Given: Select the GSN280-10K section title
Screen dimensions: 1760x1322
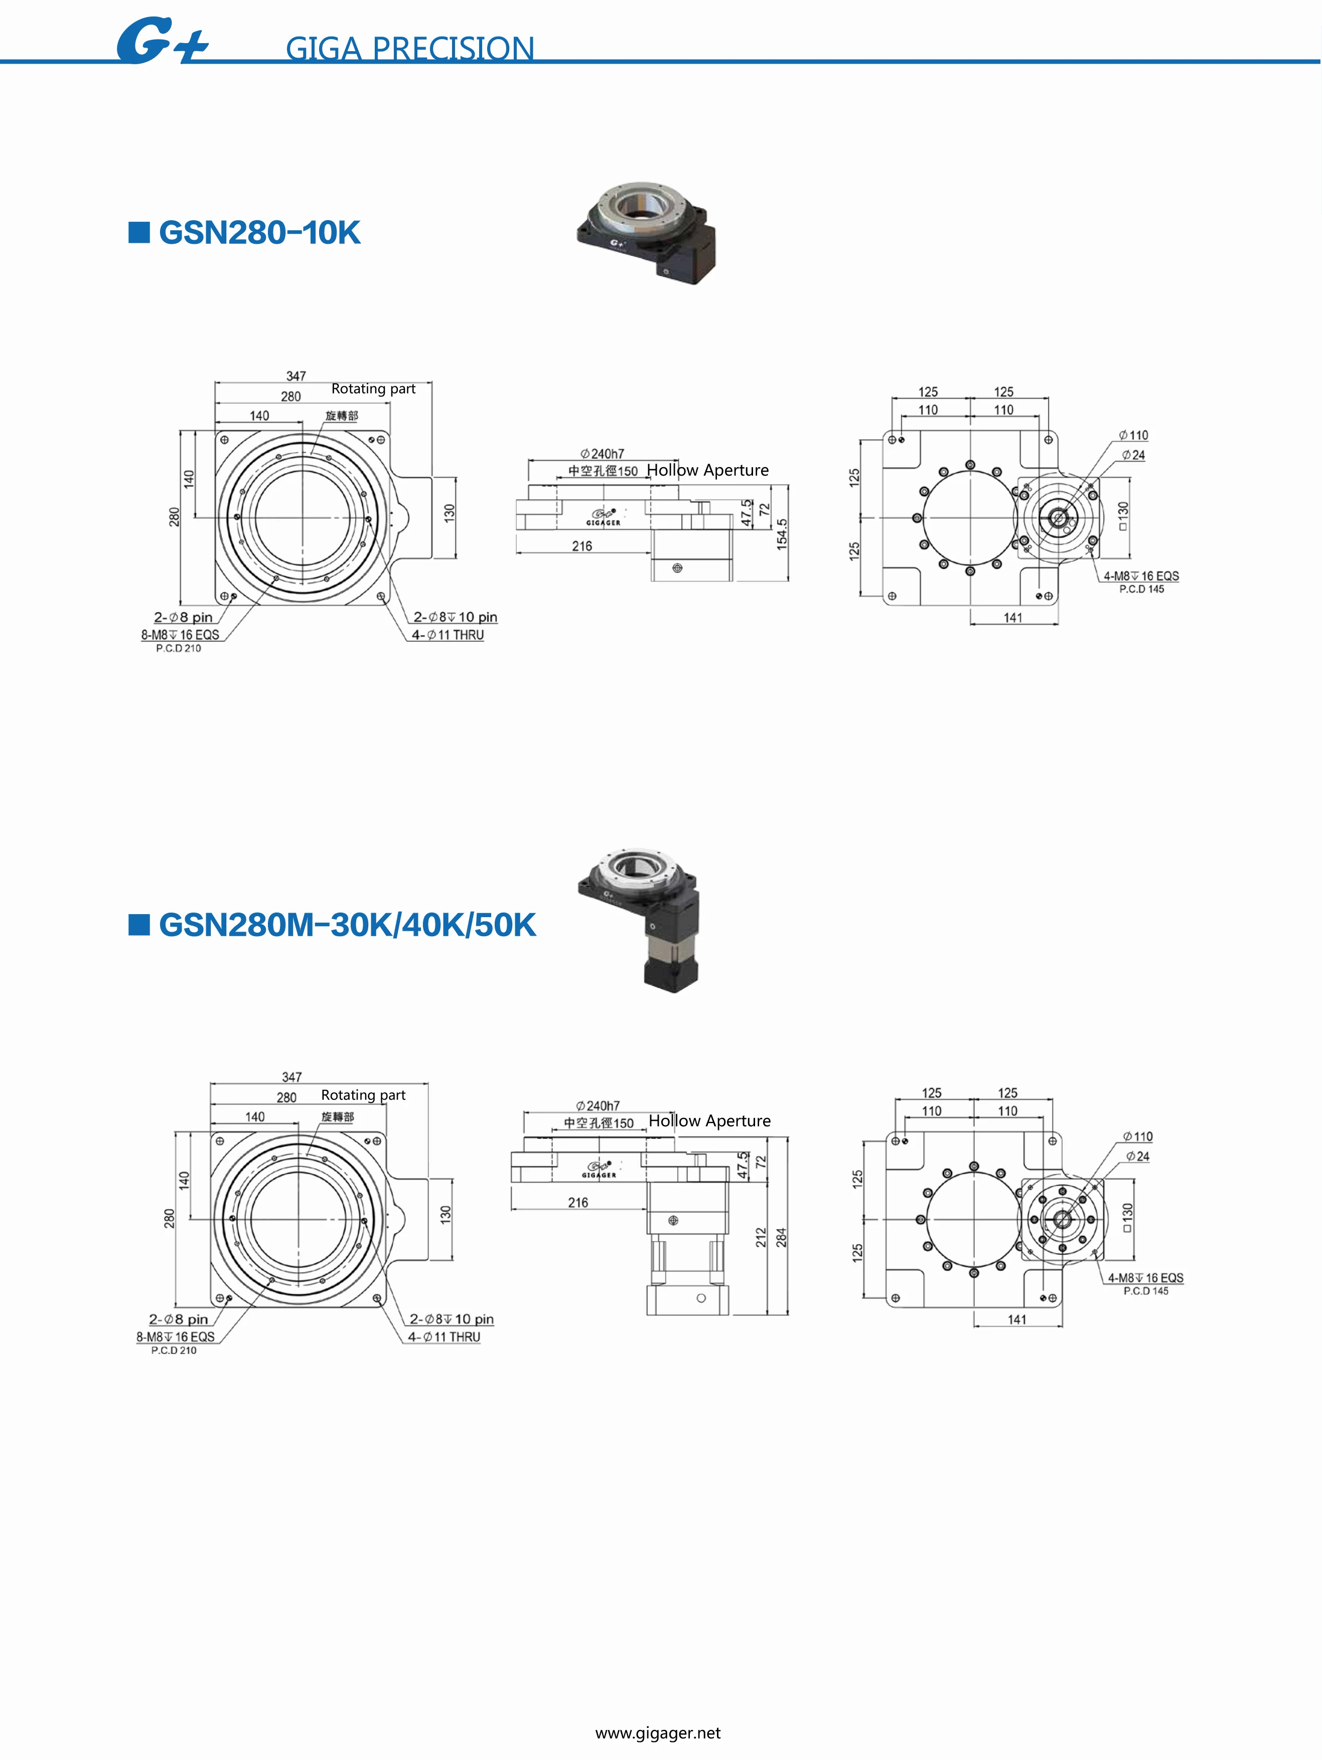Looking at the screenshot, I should pos(259,232).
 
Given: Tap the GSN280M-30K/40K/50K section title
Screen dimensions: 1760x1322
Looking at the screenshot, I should pos(347,925).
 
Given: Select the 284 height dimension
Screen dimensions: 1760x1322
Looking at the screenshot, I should pos(781,1237).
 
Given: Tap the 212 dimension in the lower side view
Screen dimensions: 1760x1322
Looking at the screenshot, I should pos(761,1237).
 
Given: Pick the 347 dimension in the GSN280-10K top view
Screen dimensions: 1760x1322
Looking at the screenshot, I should pos(296,376).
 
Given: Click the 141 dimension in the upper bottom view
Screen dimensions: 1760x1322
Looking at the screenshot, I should pos(1012,618).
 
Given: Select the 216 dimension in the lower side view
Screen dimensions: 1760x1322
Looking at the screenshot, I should pos(578,1202).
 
